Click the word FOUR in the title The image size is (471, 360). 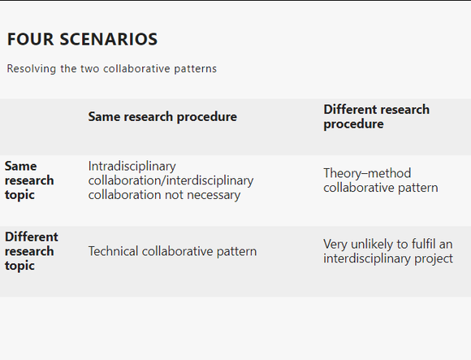coord(30,39)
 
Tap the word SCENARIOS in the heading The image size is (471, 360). coord(109,39)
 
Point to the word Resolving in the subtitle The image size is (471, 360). coord(31,69)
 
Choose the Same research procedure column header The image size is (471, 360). coord(162,116)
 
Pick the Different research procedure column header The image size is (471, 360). coord(376,116)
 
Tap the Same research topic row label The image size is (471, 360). coord(29,180)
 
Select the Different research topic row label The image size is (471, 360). coord(32,251)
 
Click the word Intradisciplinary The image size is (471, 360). coord(132,166)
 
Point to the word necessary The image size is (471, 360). coord(214,195)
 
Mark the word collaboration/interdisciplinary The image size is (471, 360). coord(171,180)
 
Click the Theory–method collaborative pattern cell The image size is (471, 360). coord(381,180)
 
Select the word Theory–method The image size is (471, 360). coord(367,173)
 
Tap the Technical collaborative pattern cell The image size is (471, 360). coord(172,251)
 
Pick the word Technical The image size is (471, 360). coord(113,251)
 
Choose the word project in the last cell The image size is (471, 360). coord(434,258)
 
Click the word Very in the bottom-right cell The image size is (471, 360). coord(335,245)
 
